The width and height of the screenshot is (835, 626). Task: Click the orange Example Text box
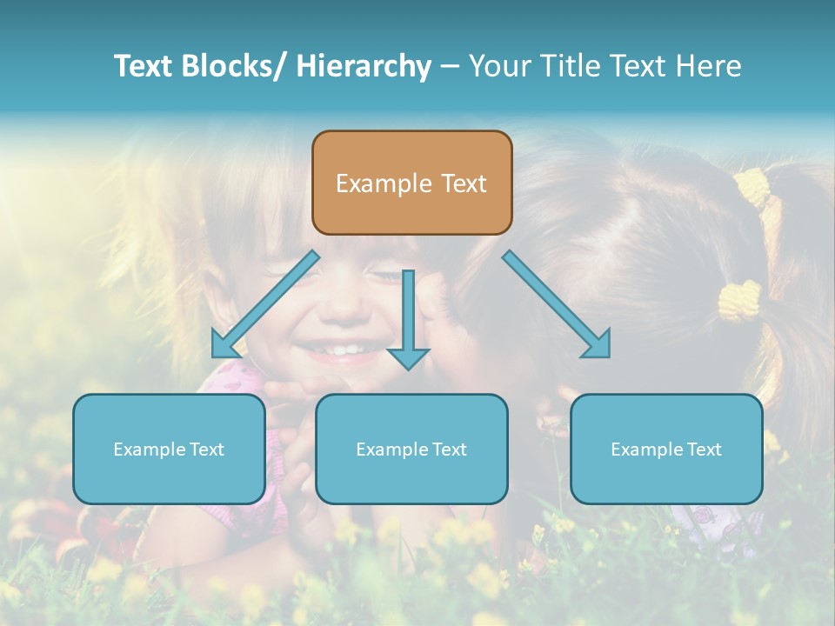411,183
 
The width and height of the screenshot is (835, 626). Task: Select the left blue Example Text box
169,449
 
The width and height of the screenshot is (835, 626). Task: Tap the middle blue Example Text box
411,449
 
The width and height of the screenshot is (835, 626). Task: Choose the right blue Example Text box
666,449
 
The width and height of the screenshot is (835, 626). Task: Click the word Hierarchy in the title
364,66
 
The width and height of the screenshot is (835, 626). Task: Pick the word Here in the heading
711,66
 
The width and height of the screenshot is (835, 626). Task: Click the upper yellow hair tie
753,186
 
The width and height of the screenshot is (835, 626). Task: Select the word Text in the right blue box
704,449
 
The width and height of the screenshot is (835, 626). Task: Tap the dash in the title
449,66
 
